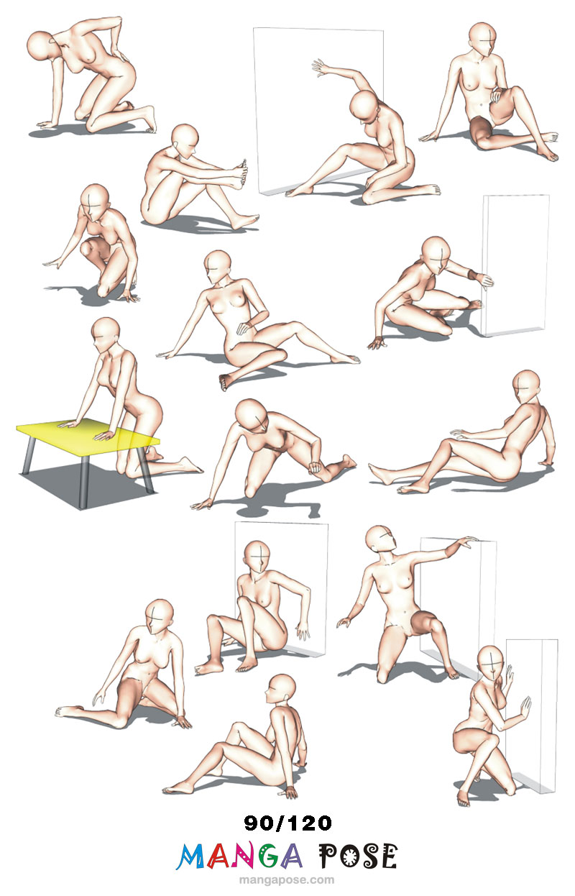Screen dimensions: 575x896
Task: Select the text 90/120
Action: [288, 823]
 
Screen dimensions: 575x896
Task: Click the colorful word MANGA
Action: [239, 856]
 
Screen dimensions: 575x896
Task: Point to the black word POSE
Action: [358, 856]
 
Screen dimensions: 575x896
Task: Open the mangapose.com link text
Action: [287, 879]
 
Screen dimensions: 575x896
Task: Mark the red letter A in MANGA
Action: [218, 856]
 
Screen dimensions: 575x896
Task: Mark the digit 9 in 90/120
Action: [251, 823]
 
